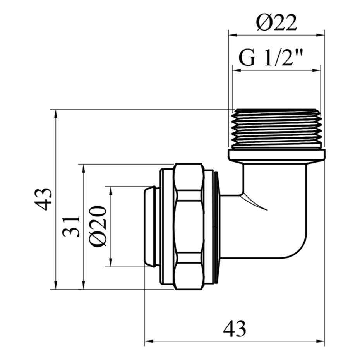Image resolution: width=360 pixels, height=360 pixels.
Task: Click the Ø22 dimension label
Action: pos(277,22)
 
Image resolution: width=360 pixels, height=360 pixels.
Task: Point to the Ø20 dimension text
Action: pos(99,226)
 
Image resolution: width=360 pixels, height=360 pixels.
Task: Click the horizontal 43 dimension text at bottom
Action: pos(235,329)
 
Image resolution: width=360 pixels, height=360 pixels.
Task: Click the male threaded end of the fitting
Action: pos(277,129)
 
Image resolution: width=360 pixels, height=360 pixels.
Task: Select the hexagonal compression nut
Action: pos(189,226)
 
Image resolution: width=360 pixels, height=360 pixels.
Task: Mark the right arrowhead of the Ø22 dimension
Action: pos(321,35)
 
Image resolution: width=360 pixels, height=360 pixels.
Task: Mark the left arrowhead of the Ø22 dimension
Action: pos(232,35)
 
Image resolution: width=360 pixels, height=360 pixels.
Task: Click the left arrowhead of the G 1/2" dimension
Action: pos(237,70)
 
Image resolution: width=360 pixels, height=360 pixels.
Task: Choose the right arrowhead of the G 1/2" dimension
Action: pos(316,70)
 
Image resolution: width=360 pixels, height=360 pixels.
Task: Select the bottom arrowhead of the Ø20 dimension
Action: pos(111,262)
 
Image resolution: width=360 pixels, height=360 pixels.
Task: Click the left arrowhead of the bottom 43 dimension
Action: pos(149,341)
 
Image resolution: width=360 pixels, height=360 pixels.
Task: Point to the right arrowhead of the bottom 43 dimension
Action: pos(321,341)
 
